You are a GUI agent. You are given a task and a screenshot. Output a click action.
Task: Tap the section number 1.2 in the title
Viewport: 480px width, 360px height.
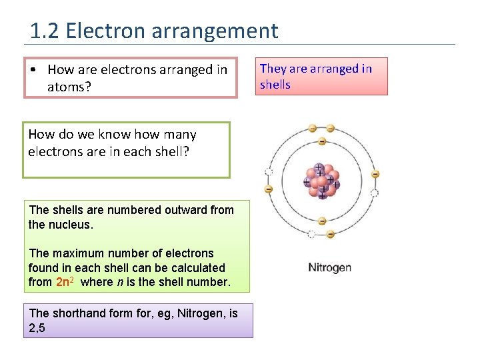coord(45,31)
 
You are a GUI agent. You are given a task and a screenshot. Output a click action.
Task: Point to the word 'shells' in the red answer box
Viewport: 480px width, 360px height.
coord(275,85)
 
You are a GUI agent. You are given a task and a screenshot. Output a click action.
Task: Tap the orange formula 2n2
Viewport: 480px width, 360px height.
coord(66,282)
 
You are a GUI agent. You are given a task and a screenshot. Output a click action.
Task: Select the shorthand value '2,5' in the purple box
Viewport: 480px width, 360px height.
coord(37,327)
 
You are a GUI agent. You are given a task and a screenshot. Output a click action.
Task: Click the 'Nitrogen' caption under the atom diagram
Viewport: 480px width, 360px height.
coord(329,267)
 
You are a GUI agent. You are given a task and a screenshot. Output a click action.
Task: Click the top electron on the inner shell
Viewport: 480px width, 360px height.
coord(322,141)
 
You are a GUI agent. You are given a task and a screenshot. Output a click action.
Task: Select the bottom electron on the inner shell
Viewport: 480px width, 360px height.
coord(322,221)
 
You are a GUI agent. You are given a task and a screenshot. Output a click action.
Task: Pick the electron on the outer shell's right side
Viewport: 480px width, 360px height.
coord(375,174)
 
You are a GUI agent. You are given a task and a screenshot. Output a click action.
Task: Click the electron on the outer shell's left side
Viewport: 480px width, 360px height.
coord(269,189)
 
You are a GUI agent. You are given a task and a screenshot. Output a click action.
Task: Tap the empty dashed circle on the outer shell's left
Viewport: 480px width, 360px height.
coord(269,171)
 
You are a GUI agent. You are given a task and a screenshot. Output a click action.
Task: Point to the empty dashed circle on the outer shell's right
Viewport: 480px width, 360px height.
coord(374,193)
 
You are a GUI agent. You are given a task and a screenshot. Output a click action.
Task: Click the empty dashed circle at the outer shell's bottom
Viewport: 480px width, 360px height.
coord(312,234)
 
